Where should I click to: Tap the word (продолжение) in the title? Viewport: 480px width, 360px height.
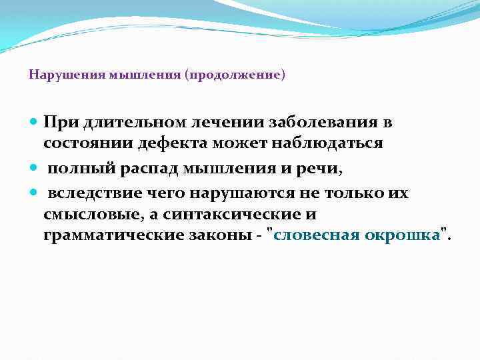236,75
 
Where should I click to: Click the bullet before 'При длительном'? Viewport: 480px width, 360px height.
35,123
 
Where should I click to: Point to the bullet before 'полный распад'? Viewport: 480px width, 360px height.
35,169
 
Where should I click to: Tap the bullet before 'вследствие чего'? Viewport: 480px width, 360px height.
35,193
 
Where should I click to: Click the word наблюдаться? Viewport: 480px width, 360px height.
329,145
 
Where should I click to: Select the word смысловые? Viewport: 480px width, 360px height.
83,215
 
